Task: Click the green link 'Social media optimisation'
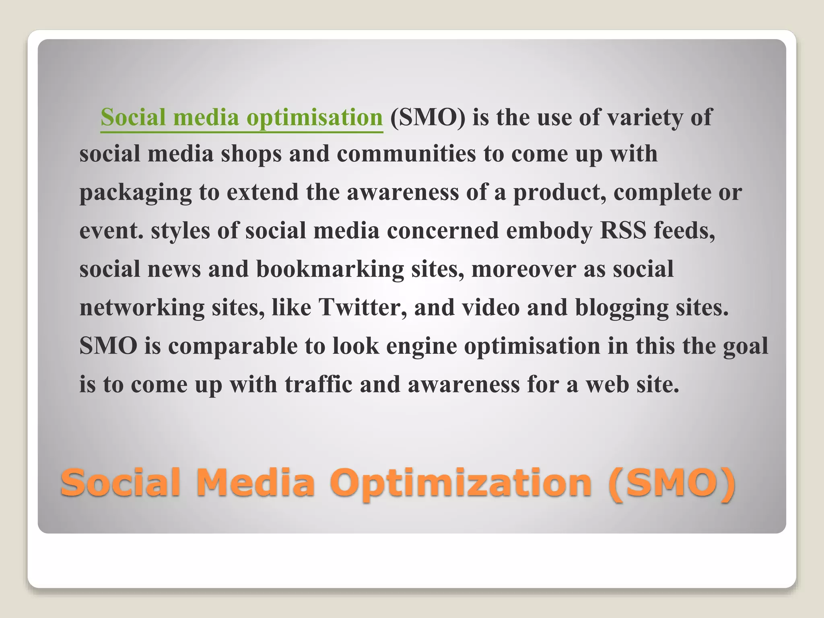point(241,117)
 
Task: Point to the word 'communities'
point(406,154)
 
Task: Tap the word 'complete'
point(662,192)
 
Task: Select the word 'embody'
point(549,231)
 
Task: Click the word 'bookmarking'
point(330,269)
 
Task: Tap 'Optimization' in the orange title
point(463,483)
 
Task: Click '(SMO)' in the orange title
point(672,483)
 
